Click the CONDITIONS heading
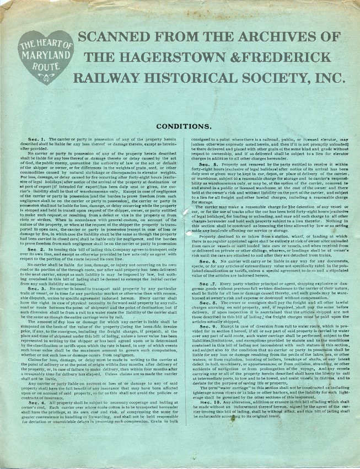(x=180, y=126)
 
